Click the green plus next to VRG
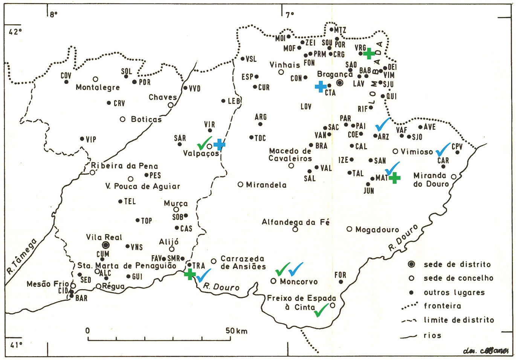click(x=369, y=54)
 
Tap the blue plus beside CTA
click(x=321, y=87)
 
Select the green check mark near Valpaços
click(x=204, y=143)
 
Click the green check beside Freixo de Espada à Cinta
click(x=321, y=310)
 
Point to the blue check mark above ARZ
click(x=383, y=124)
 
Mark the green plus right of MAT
click(x=394, y=178)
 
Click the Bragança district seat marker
click(x=340, y=83)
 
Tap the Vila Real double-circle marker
click(x=106, y=245)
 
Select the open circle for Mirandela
click(x=240, y=185)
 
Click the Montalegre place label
click(x=98, y=87)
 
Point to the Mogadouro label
click(x=377, y=230)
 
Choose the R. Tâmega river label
click(x=22, y=256)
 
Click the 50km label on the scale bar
click(x=237, y=331)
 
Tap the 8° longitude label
click(x=54, y=14)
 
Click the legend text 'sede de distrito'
click(x=457, y=264)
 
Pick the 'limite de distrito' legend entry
click(x=459, y=320)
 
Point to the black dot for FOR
click(x=340, y=282)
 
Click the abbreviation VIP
click(x=91, y=139)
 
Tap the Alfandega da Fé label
click(x=295, y=222)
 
